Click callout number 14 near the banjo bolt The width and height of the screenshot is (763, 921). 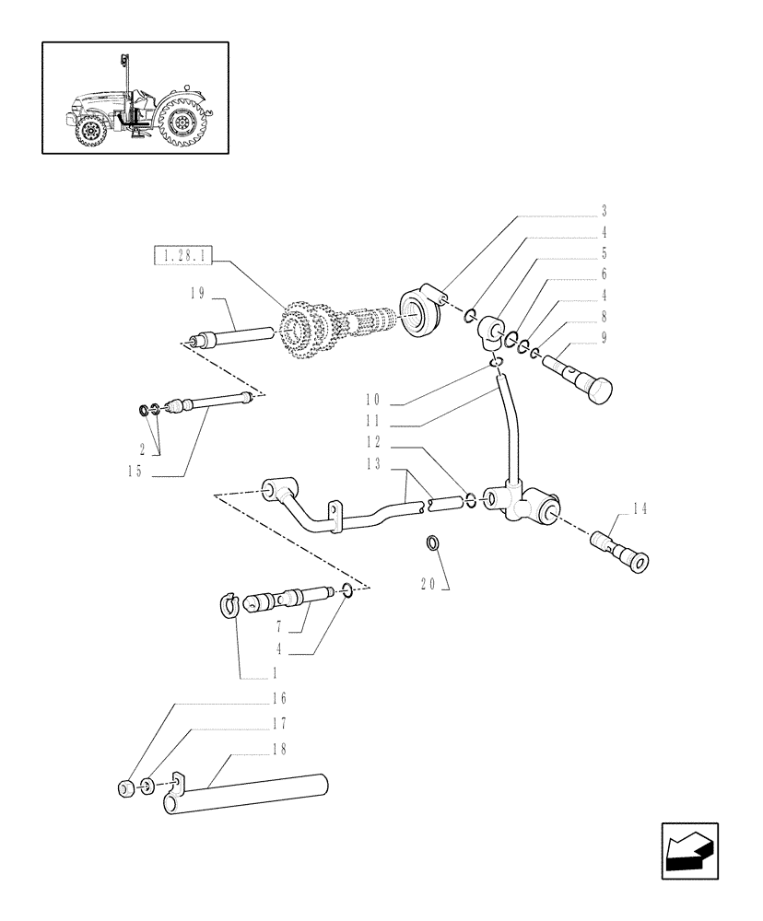pyautogui.click(x=640, y=508)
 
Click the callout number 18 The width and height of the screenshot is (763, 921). pyautogui.click(x=279, y=750)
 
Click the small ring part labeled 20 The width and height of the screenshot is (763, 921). pyautogui.click(x=432, y=543)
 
